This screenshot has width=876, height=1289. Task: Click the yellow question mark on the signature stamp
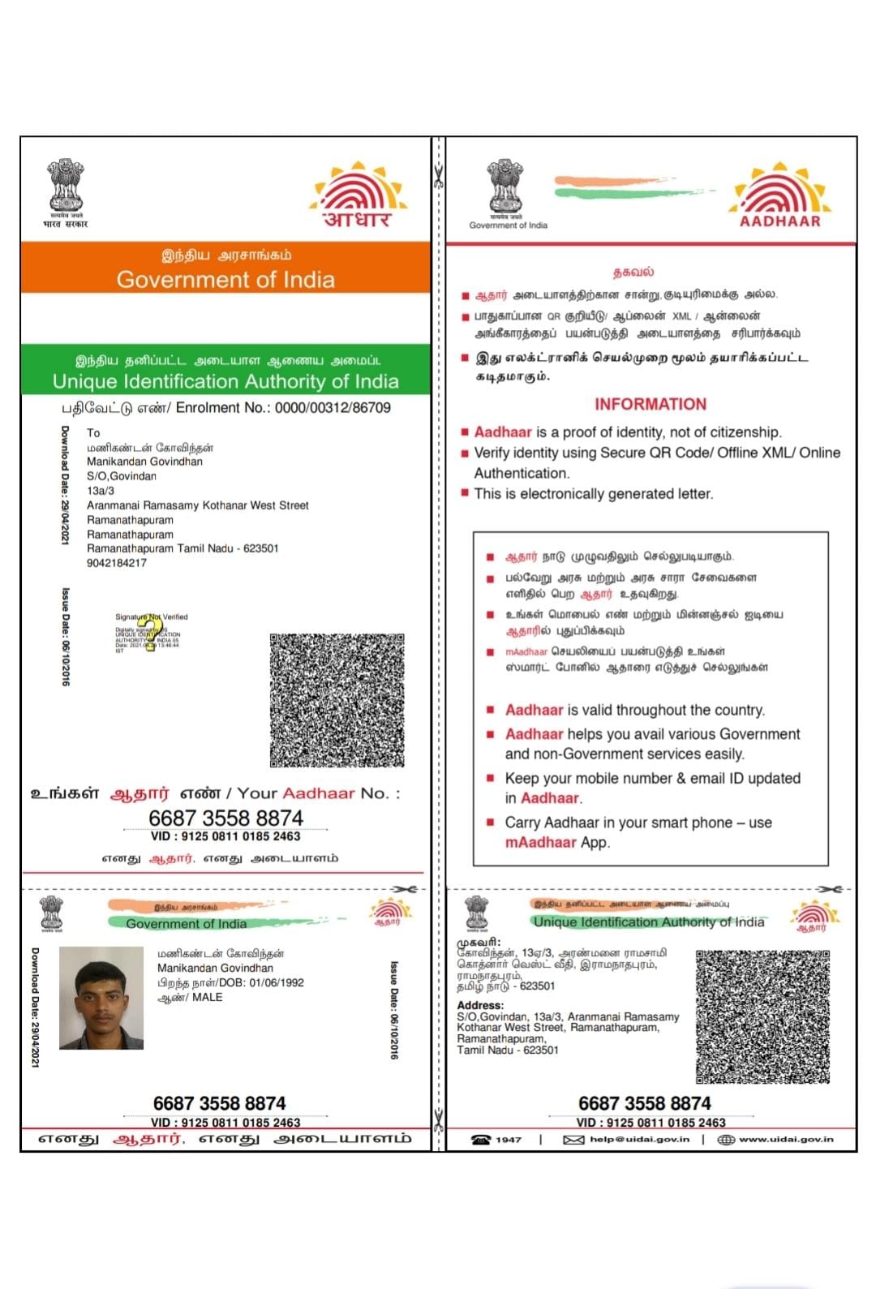click(150, 633)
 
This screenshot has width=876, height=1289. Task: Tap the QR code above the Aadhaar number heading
click(337, 700)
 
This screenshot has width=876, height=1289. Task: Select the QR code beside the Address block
click(762, 1016)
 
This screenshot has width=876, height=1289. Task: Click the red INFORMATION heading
click(651, 404)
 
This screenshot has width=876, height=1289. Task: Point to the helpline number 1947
click(509, 1140)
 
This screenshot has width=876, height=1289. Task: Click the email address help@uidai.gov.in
click(639, 1140)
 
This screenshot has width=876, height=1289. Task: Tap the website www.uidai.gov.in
click(786, 1140)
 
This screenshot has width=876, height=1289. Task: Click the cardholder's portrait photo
click(101, 998)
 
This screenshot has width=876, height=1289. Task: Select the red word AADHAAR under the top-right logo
click(779, 221)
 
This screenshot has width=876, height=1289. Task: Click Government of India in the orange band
click(225, 280)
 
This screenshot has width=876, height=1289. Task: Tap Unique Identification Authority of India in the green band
click(225, 381)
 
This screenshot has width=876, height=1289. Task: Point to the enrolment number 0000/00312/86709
click(333, 408)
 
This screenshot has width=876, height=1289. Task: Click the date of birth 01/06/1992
click(277, 982)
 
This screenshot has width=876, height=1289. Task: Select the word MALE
click(208, 997)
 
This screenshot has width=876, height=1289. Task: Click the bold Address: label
click(480, 1005)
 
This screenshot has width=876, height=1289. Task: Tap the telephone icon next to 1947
click(481, 1140)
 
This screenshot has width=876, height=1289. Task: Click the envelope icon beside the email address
click(573, 1140)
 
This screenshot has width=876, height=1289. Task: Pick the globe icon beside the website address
click(726, 1140)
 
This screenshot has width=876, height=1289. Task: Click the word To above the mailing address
click(93, 433)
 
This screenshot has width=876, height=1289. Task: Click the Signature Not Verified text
click(152, 617)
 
